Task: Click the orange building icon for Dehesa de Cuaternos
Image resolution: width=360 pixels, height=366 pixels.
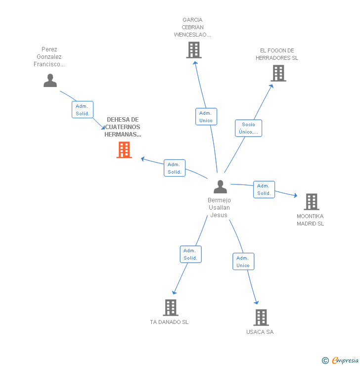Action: [124, 150]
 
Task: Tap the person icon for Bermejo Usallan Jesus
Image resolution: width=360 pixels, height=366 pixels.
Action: [220, 187]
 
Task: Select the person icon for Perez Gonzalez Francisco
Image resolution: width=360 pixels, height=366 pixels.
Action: [50, 80]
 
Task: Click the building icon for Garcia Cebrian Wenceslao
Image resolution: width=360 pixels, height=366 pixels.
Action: [194, 50]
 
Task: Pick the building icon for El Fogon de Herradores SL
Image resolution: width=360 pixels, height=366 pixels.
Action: [278, 73]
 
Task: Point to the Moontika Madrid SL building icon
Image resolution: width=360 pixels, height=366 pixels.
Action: [311, 202]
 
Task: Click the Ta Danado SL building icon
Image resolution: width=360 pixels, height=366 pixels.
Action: [170, 308]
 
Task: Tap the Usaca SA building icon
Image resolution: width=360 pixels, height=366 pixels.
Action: [261, 318]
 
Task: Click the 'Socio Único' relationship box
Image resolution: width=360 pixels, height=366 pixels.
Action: [248, 128]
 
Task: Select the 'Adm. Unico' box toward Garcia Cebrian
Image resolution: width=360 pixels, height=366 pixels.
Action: [206, 117]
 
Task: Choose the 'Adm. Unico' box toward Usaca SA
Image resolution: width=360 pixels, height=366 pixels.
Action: [243, 262]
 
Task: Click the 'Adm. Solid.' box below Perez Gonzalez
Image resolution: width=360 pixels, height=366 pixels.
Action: [82, 110]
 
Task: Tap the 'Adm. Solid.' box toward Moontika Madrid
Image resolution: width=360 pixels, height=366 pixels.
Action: [264, 189]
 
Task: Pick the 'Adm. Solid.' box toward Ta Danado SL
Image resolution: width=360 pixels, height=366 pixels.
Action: [190, 254]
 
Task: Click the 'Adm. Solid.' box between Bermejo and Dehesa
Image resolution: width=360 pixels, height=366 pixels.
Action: [175, 168]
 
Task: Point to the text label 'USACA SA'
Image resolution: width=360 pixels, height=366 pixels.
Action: [260, 332]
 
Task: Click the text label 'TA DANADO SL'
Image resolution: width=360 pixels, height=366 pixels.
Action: [169, 322]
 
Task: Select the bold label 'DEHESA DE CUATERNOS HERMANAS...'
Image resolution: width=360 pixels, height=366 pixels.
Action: [123, 127]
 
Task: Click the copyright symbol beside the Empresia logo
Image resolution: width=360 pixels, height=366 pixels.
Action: [325, 361]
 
